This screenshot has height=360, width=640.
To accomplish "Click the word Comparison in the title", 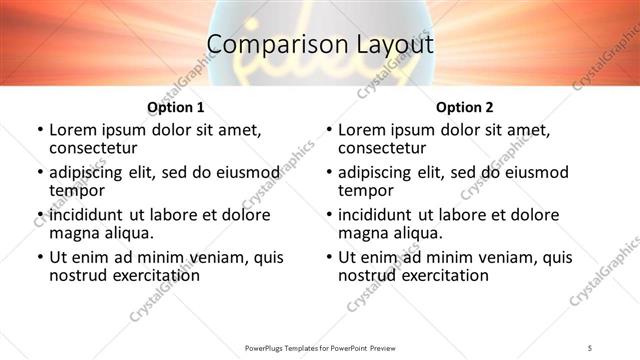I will (x=268, y=45).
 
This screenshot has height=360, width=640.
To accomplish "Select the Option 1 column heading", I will (x=175, y=106).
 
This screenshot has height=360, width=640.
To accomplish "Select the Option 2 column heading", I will (x=465, y=106).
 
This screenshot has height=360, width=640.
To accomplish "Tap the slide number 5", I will (x=591, y=347).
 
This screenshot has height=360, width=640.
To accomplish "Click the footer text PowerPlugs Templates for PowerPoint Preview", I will (x=320, y=347).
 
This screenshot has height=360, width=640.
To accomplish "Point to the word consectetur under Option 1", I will (x=93, y=147).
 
